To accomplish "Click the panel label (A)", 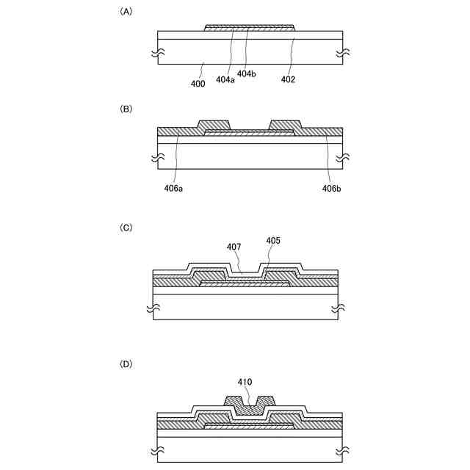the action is (126, 12).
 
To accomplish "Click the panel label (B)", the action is (126, 108).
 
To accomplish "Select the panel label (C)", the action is (126, 228).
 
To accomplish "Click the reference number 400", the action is (198, 83).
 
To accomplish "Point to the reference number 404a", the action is (225, 79).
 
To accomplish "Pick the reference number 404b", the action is (247, 73).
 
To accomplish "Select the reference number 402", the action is (288, 79).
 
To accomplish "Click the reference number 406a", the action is (175, 189).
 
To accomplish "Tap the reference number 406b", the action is (330, 189).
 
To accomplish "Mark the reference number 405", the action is (273, 240).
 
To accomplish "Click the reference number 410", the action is (245, 382).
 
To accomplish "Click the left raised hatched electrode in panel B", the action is (214, 125).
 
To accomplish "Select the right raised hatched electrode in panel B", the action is (285, 125).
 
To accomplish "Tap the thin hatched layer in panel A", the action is (249, 28).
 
